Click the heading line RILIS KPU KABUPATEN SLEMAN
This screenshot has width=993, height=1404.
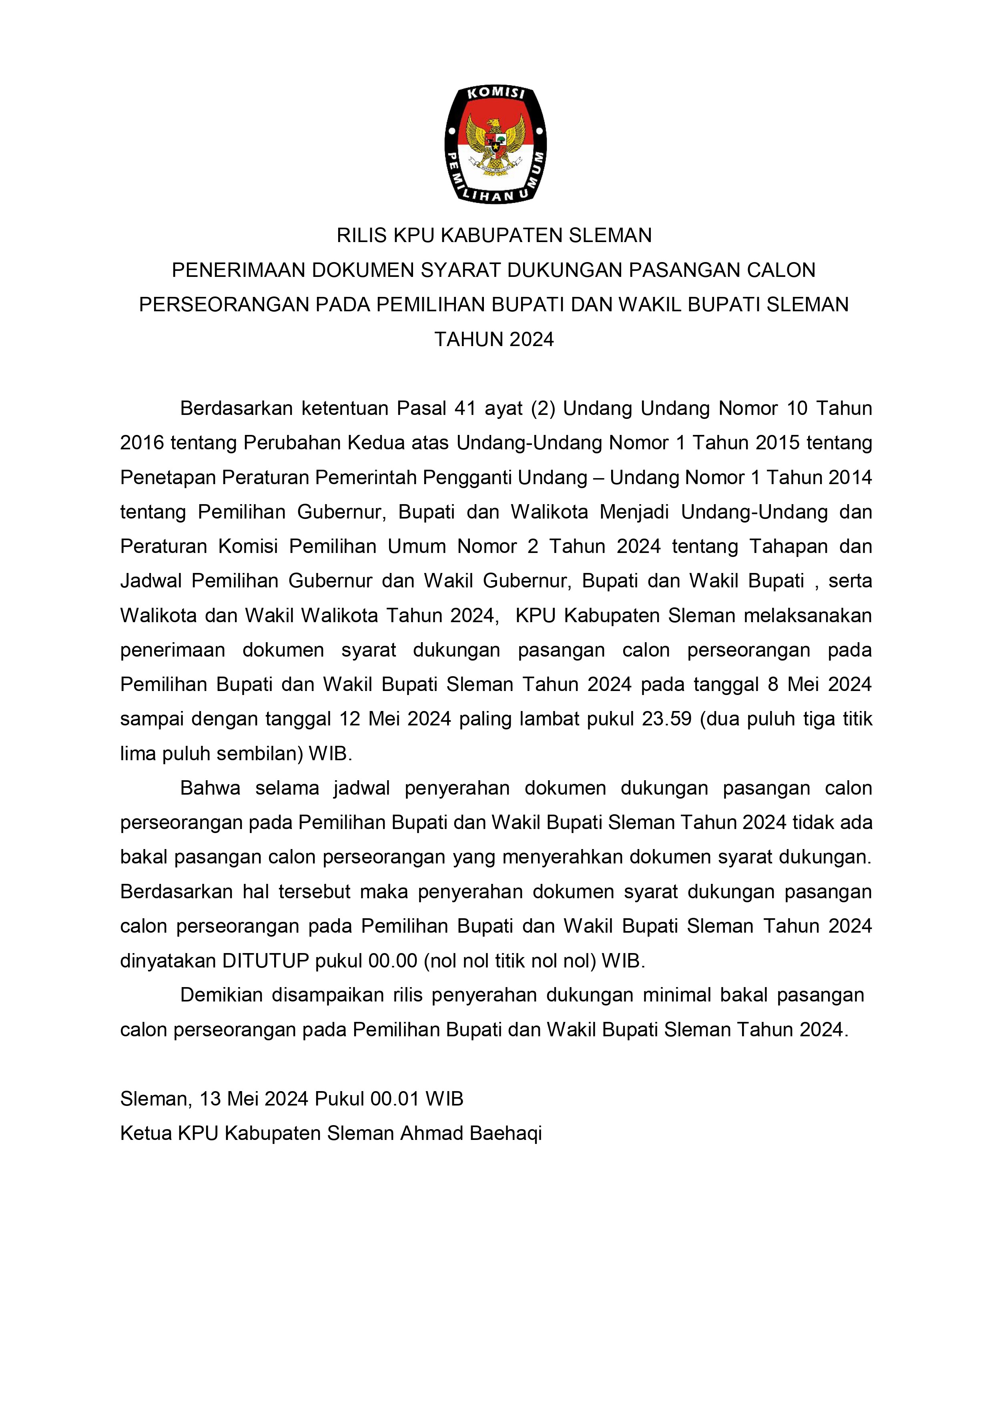(x=494, y=235)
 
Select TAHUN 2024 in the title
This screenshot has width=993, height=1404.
(x=494, y=339)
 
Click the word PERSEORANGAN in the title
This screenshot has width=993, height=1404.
(x=224, y=304)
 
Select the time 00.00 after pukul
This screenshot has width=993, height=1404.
(x=392, y=961)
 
